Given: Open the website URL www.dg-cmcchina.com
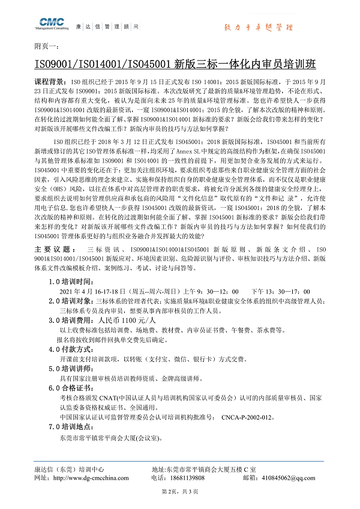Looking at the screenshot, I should pos(91,478).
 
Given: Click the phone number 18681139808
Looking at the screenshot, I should pos(185,478).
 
